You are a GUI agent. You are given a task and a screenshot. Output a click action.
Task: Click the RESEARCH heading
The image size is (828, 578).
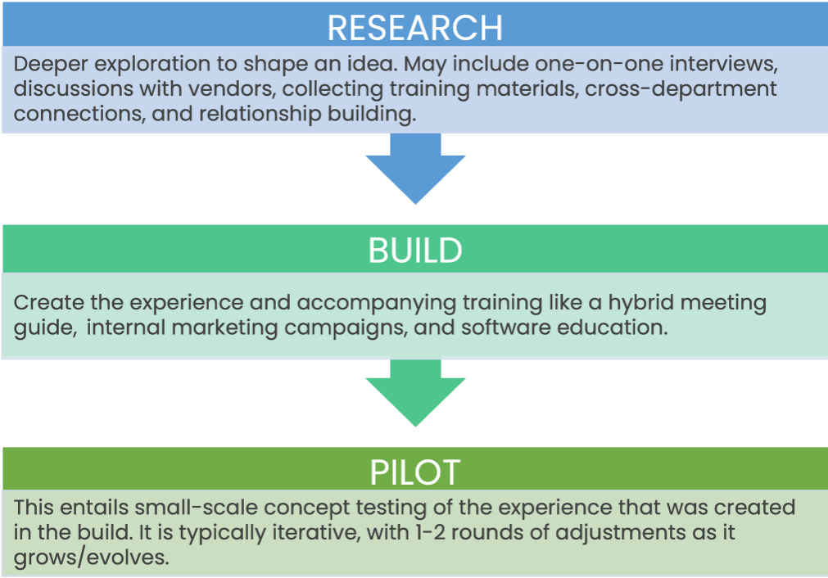(414, 28)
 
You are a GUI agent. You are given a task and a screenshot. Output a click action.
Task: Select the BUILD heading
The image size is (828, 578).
(414, 251)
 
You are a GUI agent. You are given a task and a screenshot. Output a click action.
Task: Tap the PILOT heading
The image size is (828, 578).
(414, 472)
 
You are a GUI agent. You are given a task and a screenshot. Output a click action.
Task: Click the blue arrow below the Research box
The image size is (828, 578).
(415, 168)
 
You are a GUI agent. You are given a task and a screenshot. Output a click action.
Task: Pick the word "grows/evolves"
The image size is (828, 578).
(91, 558)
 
